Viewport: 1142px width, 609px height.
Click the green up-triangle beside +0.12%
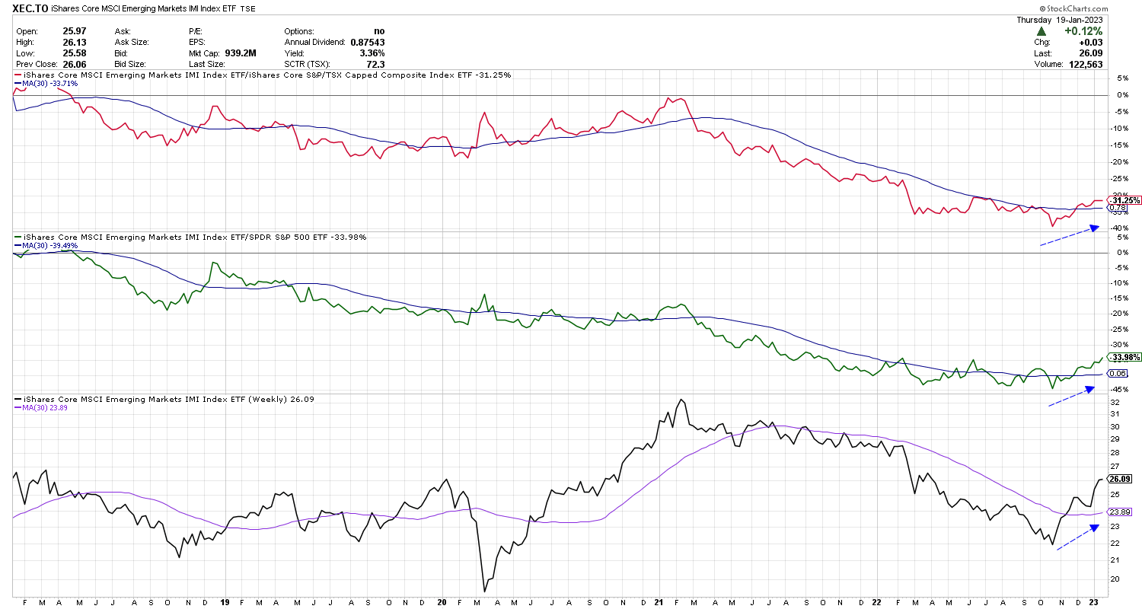(1039, 32)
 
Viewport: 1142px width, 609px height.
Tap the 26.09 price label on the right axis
(1120, 480)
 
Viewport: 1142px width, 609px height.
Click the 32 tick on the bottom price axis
(1113, 401)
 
